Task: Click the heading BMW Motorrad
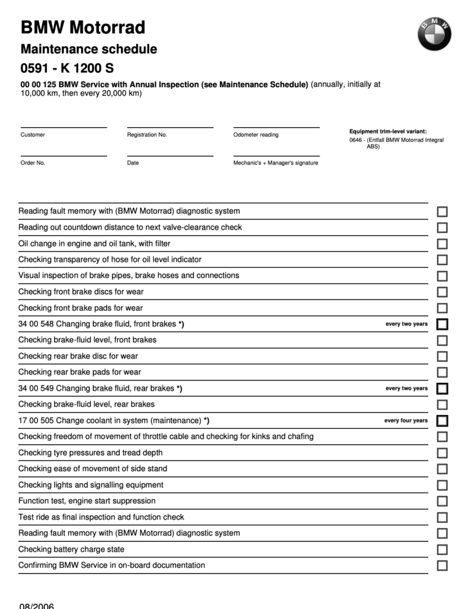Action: click(83, 27)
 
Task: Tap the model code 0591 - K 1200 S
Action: click(67, 69)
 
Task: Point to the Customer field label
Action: click(33, 135)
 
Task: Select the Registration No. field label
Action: click(147, 135)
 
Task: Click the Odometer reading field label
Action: click(256, 135)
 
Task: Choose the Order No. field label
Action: click(33, 163)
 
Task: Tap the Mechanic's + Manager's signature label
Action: click(276, 163)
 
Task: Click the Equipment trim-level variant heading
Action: click(388, 131)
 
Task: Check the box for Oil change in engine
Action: click(442, 244)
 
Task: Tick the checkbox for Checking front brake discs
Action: click(442, 292)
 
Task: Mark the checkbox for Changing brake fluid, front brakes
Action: click(442, 324)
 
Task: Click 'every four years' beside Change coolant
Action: click(406, 421)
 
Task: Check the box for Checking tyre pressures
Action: click(442, 453)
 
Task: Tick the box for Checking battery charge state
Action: click(442, 550)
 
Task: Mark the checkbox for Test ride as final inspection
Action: click(442, 518)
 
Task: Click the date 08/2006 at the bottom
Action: click(36, 605)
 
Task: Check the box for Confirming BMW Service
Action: click(442, 566)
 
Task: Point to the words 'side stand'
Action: click(149, 469)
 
